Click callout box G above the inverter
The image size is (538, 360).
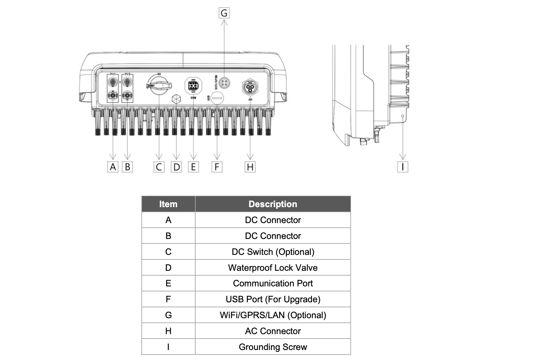click(224, 13)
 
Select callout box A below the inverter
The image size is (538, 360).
click(113, 167)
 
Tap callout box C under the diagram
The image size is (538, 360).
click(159, 167)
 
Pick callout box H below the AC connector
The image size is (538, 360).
click(250, 167)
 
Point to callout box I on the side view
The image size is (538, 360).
click(403, 167)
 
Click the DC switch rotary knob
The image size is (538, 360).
click(159, 85)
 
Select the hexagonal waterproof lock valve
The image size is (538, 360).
click(176, 99)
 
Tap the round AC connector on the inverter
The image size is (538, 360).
click(250, 87)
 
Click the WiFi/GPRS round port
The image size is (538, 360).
click(224, 83)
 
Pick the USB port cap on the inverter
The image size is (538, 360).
click(217, 98)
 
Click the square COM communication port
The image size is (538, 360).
click(193, 86)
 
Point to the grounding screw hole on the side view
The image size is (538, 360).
click(403, 116)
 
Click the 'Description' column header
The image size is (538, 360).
click(273, 204)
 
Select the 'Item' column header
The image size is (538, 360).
click(168, 204)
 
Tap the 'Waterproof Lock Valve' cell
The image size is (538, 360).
click(273, 268)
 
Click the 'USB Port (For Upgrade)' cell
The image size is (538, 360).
click(273, 299)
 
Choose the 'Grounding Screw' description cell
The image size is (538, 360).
click(273, 347)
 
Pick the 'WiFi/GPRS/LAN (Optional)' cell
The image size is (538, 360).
click(273, 315)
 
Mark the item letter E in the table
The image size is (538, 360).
click(168, 283)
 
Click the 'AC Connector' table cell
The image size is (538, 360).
click(273, 331)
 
